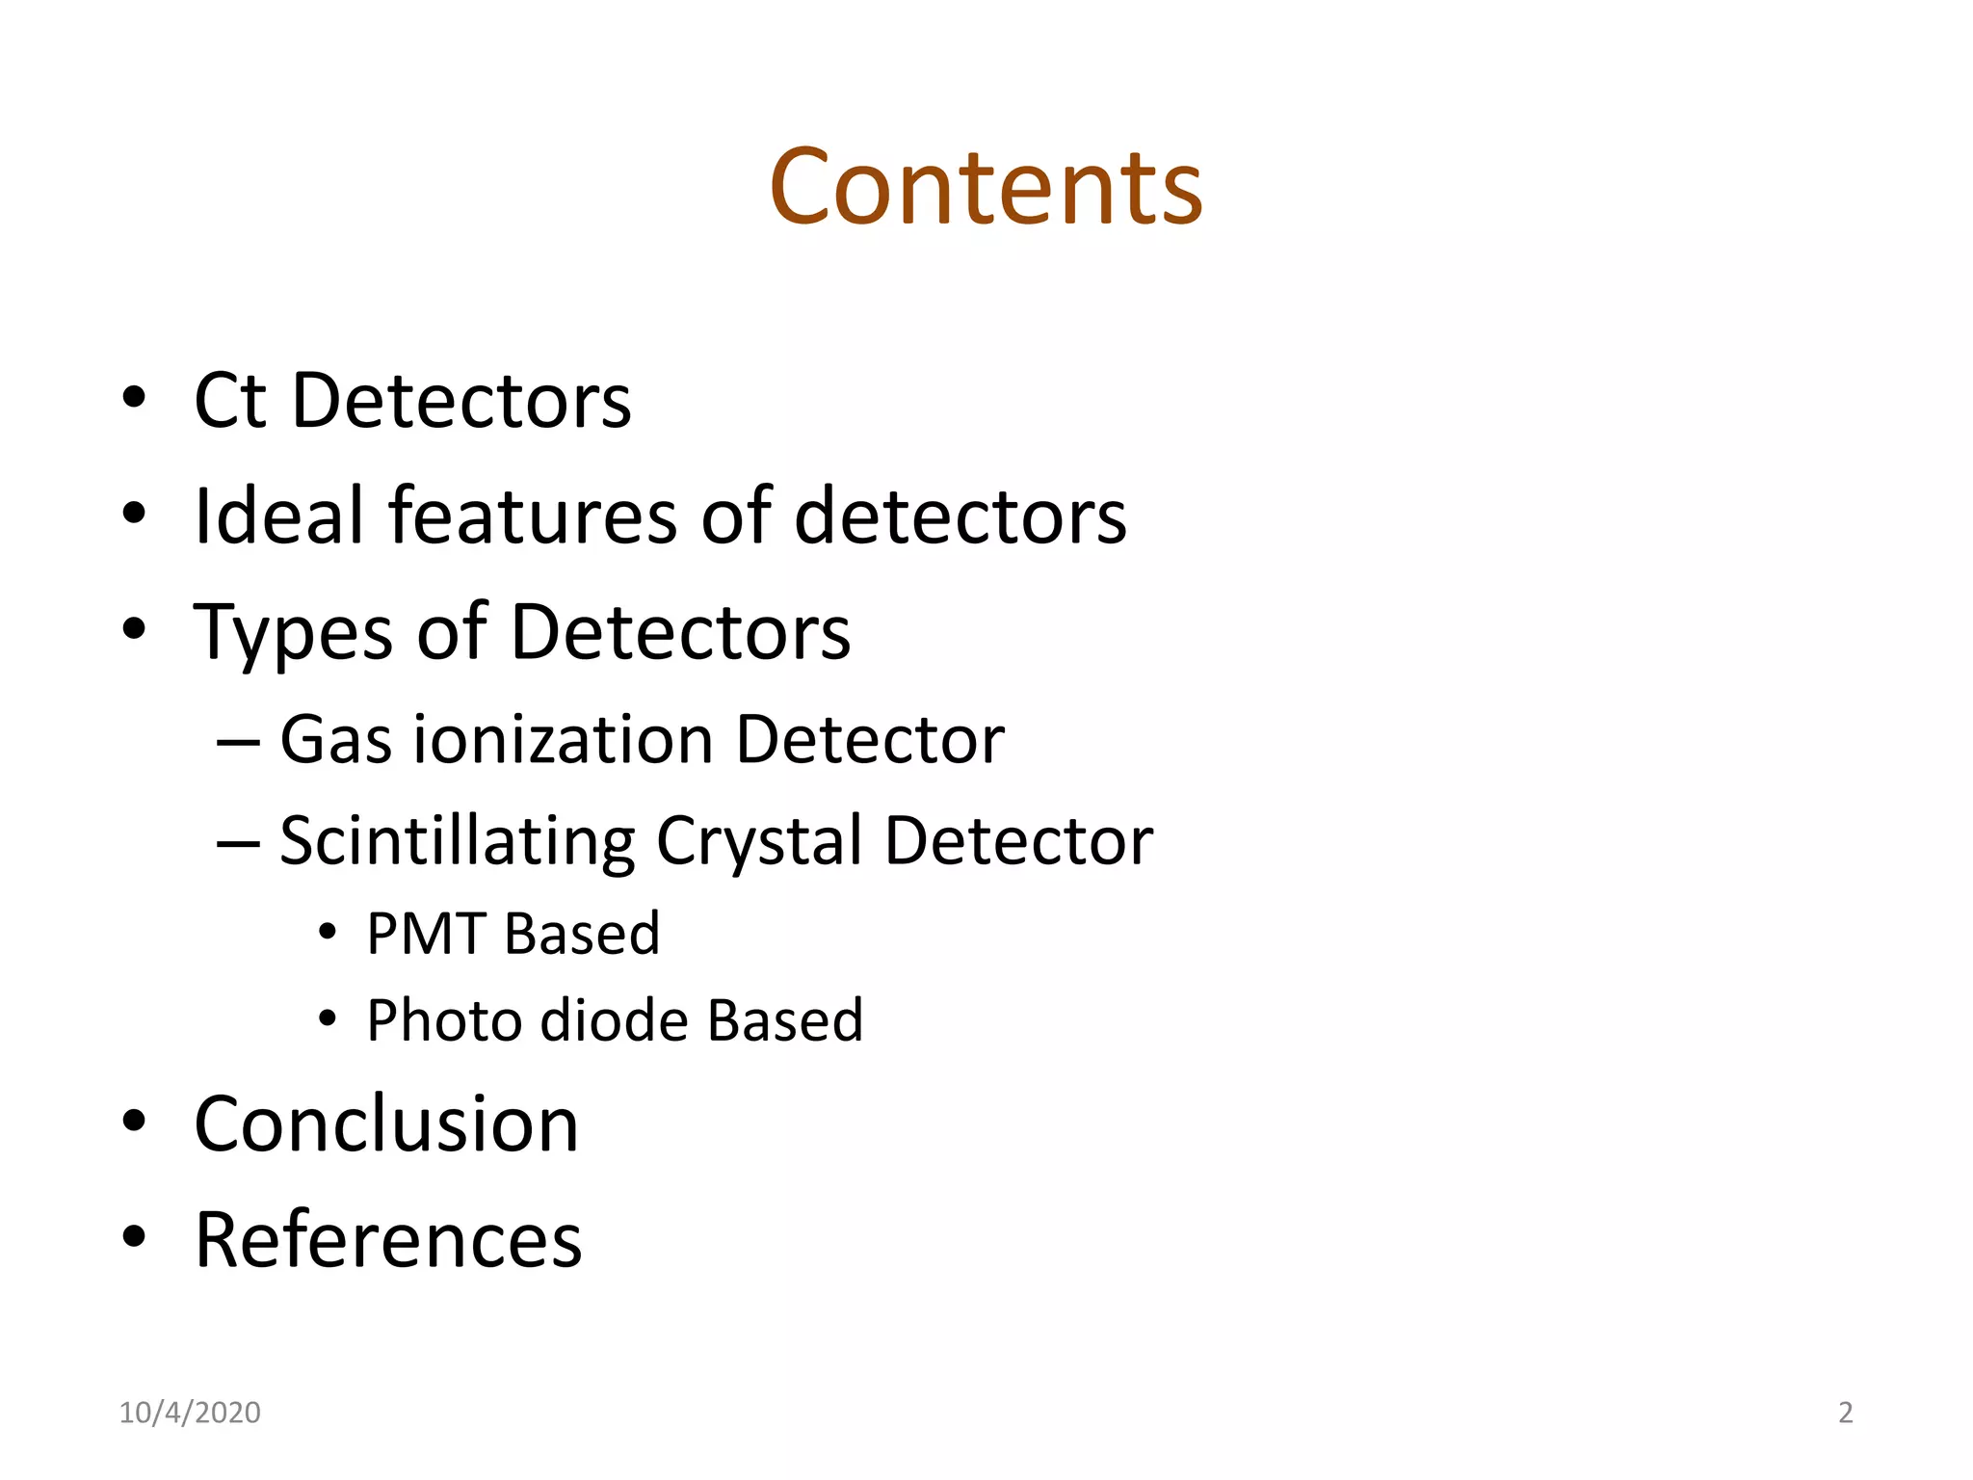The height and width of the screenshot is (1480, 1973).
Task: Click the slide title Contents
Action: click(986, 187)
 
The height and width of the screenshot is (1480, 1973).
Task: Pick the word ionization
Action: click(564, 740)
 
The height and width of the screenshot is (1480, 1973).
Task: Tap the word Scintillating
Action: click(457, 841)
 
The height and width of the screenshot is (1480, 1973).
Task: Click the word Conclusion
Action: click(386, 1124)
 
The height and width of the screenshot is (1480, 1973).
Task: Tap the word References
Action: click(388, 1240)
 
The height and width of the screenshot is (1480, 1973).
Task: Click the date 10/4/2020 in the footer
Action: click(190, 1413)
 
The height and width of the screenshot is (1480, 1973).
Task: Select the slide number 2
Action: click(1845, 1413)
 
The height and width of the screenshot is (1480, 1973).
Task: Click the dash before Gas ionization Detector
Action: click(238, 743)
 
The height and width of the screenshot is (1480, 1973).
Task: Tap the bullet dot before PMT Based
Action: click(328, 932)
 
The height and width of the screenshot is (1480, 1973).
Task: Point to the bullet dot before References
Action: click(134, 1236)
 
